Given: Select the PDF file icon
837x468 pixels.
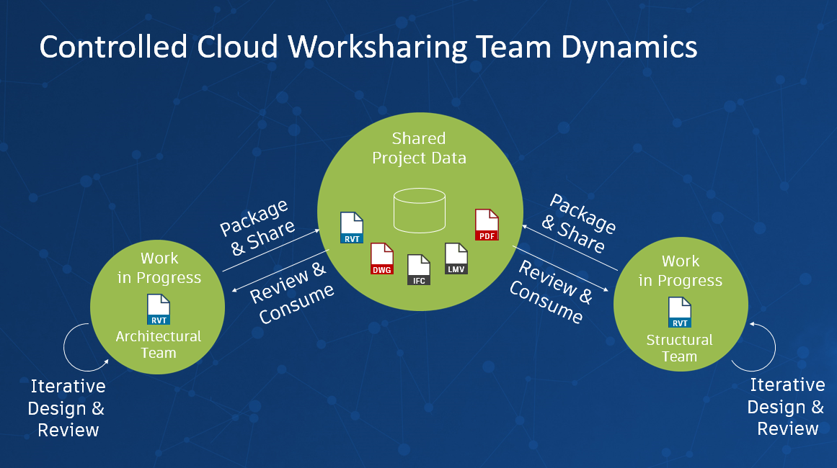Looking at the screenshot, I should point(487,225).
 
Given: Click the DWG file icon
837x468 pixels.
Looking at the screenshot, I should point(381,259).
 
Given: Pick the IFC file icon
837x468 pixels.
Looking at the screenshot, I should point(419,270).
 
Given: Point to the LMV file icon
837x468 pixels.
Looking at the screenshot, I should point(456,258).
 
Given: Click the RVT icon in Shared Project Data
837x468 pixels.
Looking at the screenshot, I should point(351,228).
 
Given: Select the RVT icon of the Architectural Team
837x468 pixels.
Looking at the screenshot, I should point(158,310).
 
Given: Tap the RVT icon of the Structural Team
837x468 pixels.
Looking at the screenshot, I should point(679,312).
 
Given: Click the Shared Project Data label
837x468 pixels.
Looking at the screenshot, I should point(419,148).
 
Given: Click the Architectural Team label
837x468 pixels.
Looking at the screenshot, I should point(158,344).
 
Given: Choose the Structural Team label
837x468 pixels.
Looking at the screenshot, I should point(679,348).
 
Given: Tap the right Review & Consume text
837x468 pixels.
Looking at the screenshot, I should point(550,292).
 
